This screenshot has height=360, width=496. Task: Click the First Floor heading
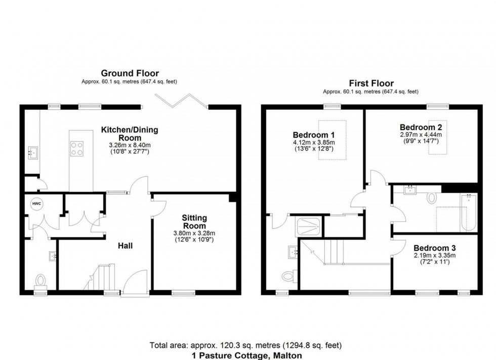371,83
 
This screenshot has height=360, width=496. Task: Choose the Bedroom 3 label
434,248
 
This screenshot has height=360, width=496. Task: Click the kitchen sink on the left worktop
32,152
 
